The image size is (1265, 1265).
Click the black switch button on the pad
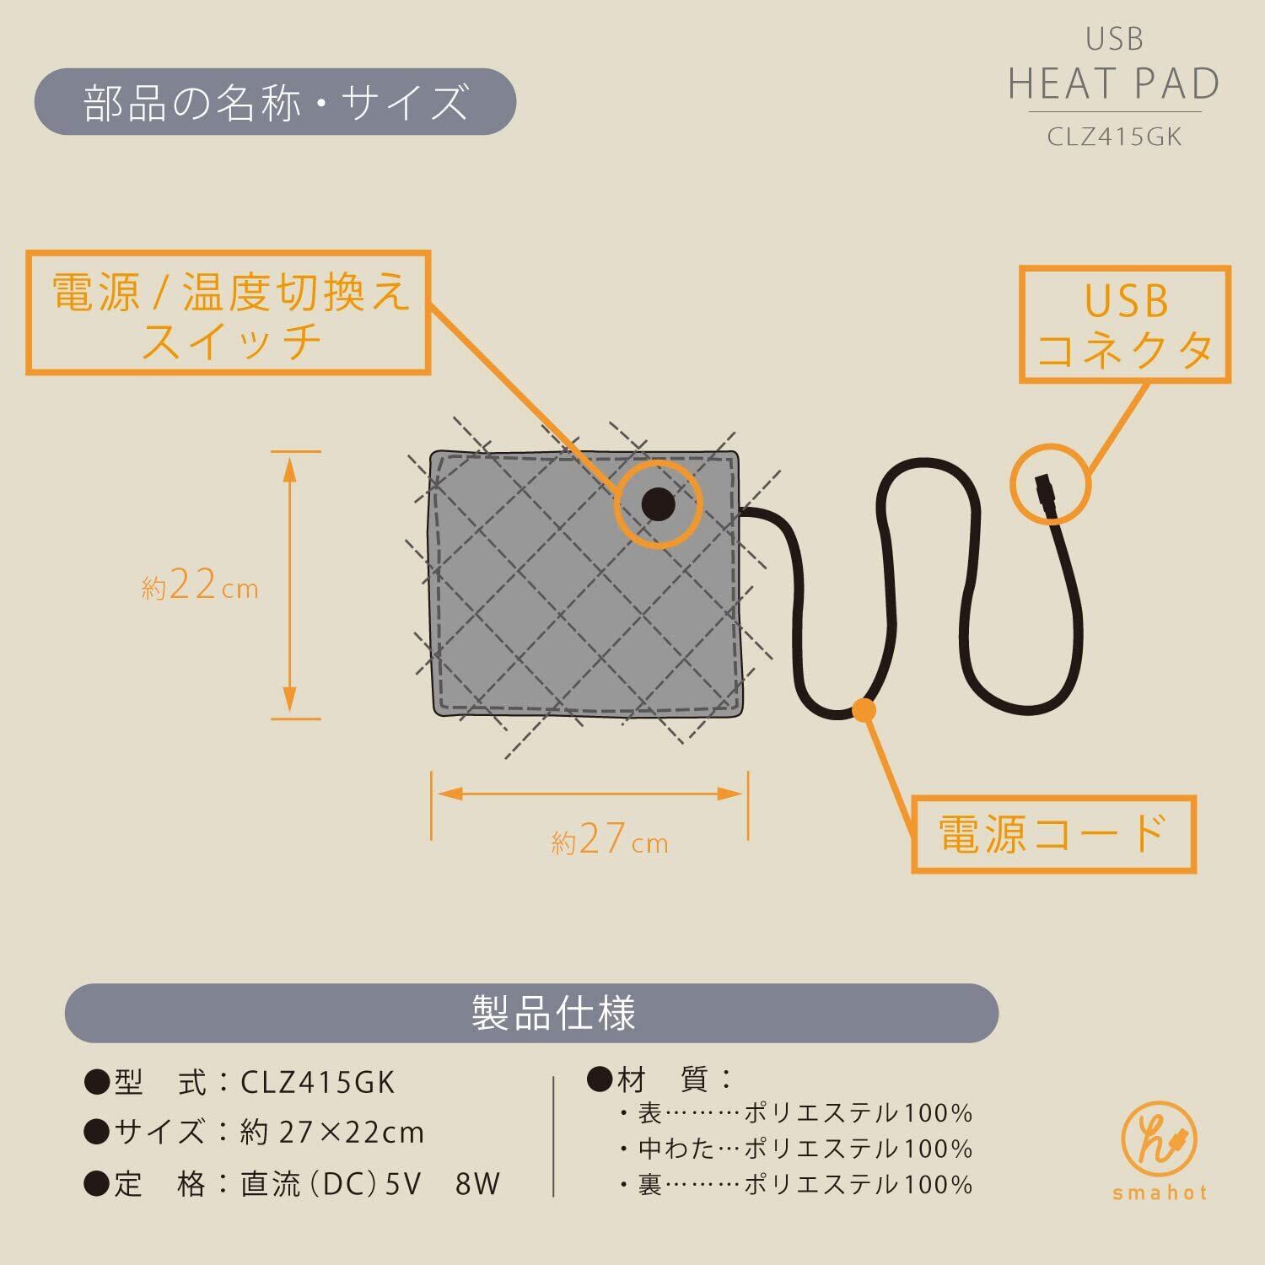tap(658, 504)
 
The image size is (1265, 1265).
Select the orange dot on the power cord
tap(863, 710)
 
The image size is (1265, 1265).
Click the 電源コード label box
tap(1053, 833)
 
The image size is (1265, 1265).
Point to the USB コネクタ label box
tap(1125, 325)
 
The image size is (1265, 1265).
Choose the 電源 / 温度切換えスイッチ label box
tap(229, 313)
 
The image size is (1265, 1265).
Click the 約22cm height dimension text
tap(200, 584)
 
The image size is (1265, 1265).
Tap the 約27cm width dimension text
tap(609, 839)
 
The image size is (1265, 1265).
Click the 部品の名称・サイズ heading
tap(275, 102)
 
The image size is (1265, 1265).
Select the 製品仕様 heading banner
tap(531, 1013)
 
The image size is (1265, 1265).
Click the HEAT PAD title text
tap(1114, 83)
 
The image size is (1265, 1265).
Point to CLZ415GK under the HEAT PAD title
tap(1114, 137)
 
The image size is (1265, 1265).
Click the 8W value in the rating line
tap(477, 1184)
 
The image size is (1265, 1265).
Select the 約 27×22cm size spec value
tap(331, 1133)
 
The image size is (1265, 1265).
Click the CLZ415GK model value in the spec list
tap(317, 1082)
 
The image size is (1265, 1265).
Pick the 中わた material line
tap(795, 1149)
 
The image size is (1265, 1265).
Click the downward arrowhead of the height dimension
tap(289, 700)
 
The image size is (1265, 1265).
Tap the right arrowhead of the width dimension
tap(729, 794)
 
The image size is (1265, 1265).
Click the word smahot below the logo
tap(1160, 1193)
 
